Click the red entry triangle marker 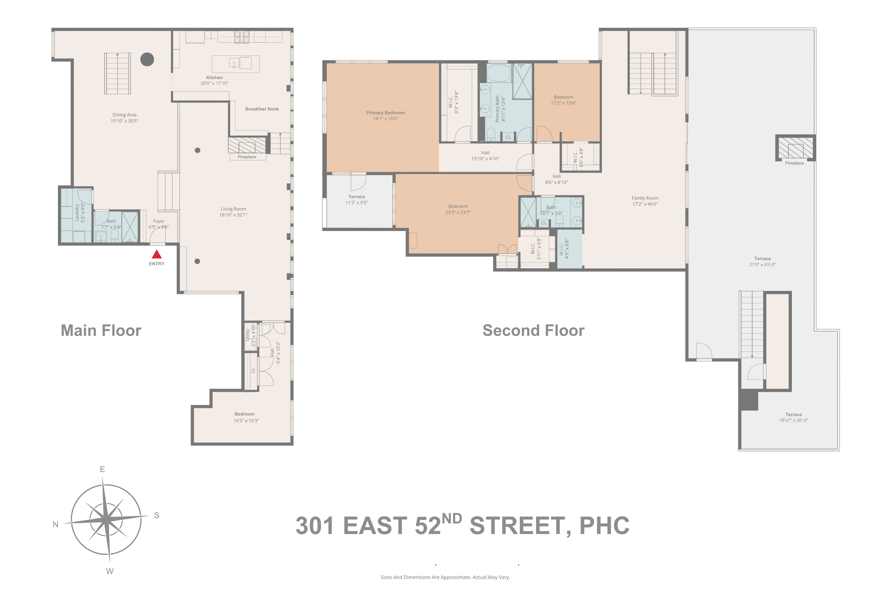(156, 254)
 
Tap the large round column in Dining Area (147, 59)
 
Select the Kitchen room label (214, 78)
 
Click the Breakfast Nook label (262, 109)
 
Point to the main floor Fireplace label (247, 157)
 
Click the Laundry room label (77, 212)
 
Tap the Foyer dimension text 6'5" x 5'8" (159, 227)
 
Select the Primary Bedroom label (385, 113)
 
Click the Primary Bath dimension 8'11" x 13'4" (503, 109)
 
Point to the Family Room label (645, 198)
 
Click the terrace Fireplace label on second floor (794, 163)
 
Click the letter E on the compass (102, 469)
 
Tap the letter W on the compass (109, 571)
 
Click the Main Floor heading (101, 330)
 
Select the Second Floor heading (533, 330)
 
